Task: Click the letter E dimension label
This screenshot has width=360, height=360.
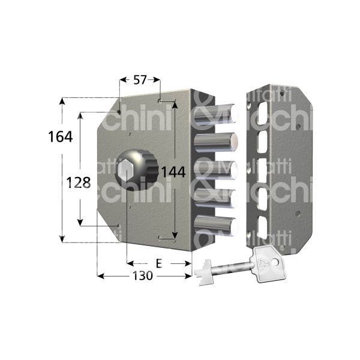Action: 158,263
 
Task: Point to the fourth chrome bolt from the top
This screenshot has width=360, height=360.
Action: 217,198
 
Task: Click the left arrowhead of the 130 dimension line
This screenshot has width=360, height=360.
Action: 100,276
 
